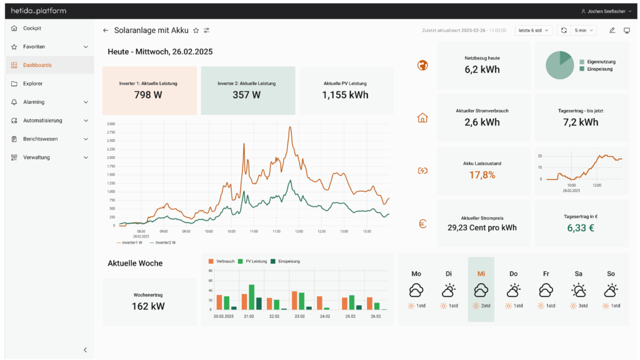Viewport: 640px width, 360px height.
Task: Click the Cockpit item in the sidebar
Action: point(32,28)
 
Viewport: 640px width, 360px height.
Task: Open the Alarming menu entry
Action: point(34,102)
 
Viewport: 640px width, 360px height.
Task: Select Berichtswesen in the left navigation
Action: point(40,139)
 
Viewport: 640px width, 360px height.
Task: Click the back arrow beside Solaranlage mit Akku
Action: point(106,30)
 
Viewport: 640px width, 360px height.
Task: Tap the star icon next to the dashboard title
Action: point(196,30)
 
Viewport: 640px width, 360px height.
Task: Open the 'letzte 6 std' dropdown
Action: point(533,30)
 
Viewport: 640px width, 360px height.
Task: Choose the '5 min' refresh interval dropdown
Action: point(584,30)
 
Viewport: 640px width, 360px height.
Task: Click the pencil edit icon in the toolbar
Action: point(612,30)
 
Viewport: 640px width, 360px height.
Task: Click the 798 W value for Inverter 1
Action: point(149,95)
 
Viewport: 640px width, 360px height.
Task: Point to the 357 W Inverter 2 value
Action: point(246,95)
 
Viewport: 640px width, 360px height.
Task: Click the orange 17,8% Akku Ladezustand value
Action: point(482,175)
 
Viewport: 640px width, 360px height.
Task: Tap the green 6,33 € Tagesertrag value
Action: point(581,228)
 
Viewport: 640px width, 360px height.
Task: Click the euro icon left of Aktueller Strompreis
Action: point(422,223)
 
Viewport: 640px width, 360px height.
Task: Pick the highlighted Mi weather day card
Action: point(481,289)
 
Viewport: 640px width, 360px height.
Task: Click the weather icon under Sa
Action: point(578,290)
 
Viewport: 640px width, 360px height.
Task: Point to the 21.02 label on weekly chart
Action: point(249,317)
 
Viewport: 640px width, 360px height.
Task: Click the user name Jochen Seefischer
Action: point(606,11)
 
